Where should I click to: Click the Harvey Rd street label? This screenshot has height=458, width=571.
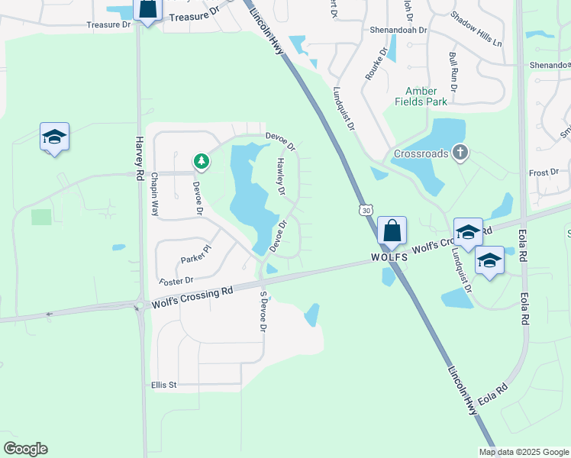pos(139,158)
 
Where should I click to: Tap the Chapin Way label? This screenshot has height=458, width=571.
pos(154,194)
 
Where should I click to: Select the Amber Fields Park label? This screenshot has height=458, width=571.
pos(421,96)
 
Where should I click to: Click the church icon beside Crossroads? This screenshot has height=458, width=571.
pos(460,153)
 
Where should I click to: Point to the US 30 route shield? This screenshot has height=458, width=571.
pos(367,210)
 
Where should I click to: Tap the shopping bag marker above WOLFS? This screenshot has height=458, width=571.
pos(392,231)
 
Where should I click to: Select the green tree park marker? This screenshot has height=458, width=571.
pos(201,161)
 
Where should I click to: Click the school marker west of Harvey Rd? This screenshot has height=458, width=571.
pos(54,137)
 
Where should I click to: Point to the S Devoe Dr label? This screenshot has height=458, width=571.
pos(263,311)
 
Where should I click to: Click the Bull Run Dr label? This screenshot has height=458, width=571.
pos(453,73)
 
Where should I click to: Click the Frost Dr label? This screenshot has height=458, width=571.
pos(544,173)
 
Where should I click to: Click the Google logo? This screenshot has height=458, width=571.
pos(25,449)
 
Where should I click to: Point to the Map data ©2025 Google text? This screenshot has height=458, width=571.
pos(523,452)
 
